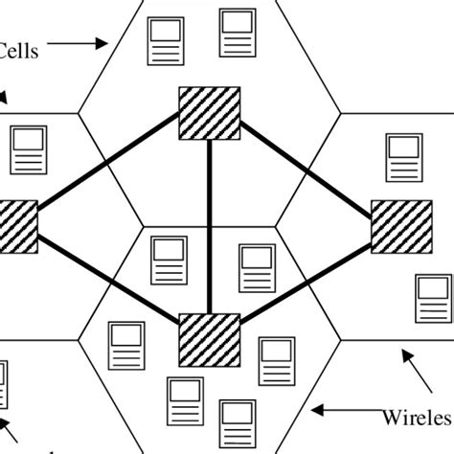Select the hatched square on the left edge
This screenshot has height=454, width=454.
17,227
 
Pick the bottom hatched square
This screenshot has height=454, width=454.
210,338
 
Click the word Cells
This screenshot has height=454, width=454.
19,51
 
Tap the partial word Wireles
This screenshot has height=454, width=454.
417,418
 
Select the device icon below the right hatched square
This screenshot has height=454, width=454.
432,298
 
